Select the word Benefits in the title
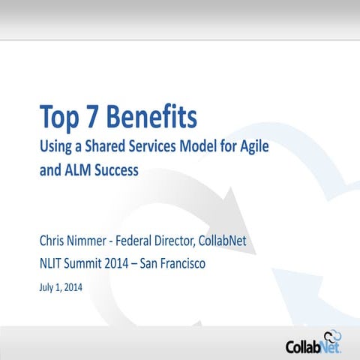[x=153, y=117]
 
